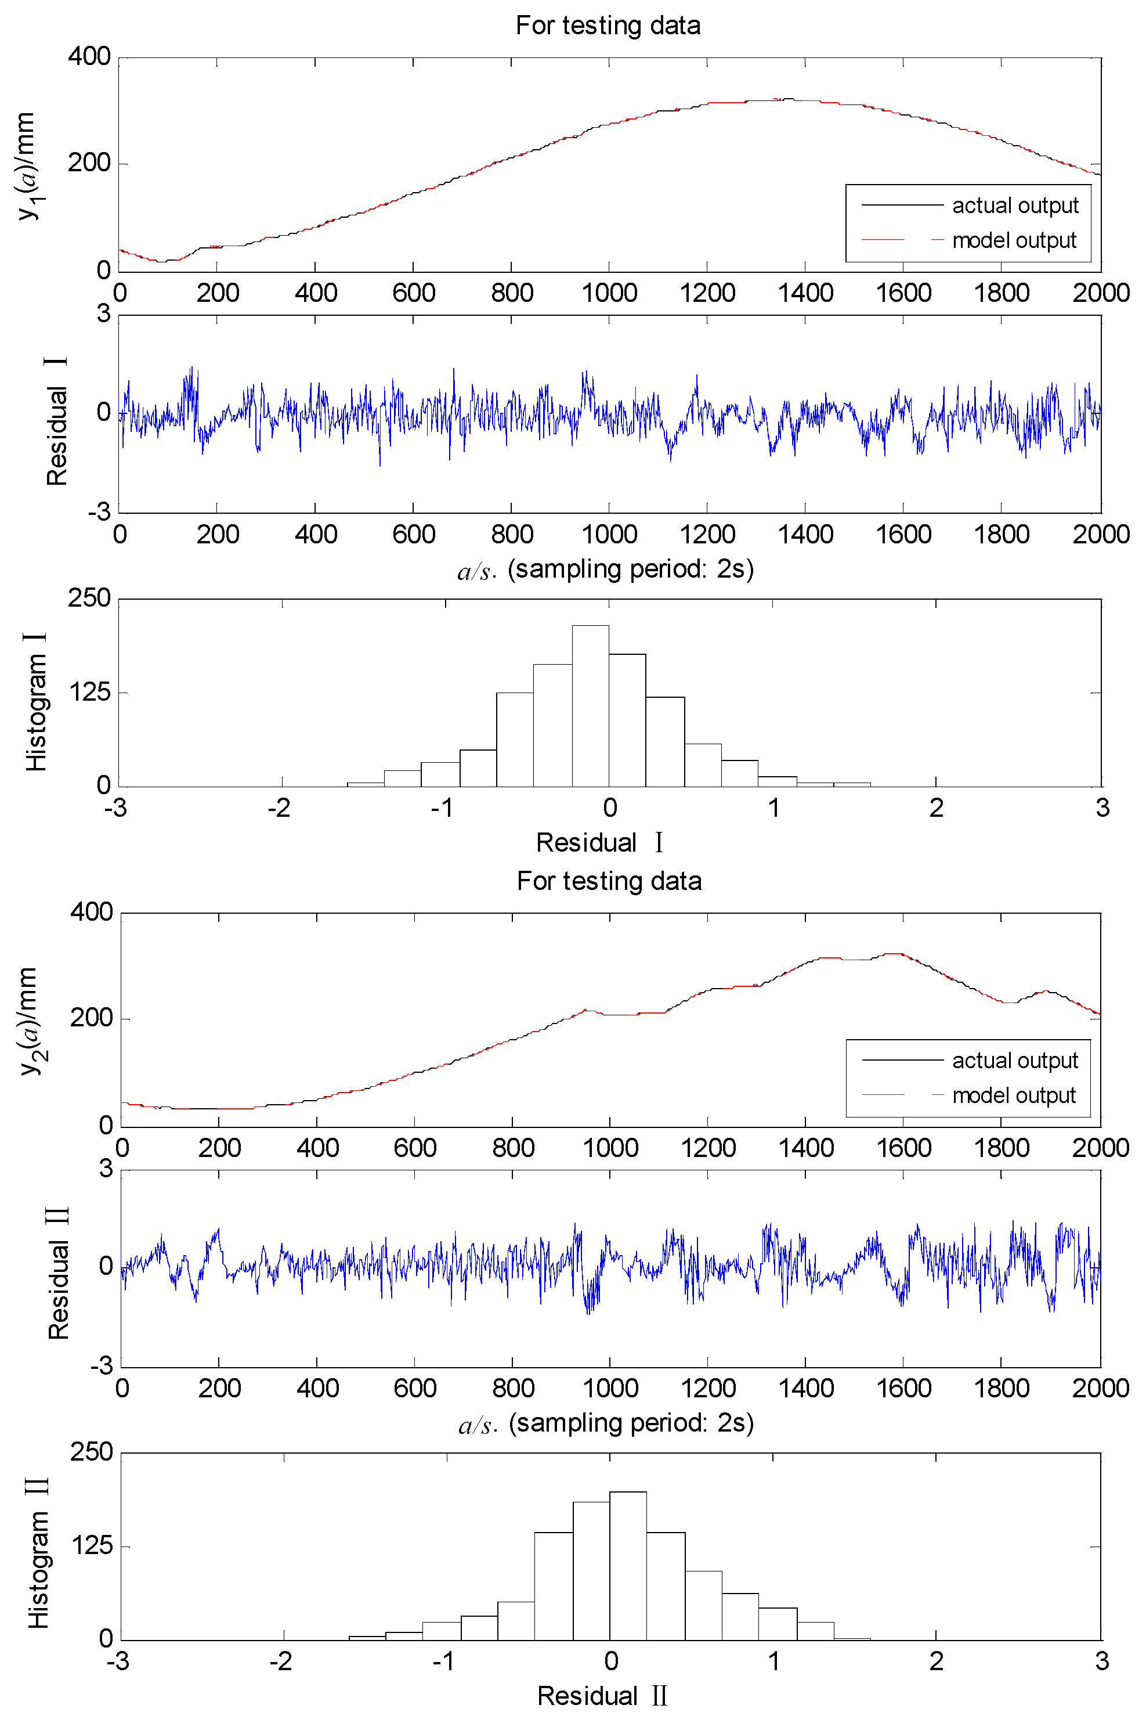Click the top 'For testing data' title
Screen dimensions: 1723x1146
tap(608, 26)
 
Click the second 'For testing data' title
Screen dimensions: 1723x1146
tap(609, 881)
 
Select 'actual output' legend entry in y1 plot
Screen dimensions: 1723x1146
tap(1014, 206)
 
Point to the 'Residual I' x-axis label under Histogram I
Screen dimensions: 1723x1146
tap(599, 843)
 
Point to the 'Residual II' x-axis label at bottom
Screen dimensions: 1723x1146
tap(602, 1696)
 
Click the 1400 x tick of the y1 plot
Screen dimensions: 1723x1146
tap(805, 293)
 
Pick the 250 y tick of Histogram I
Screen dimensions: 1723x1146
tap(89, 598)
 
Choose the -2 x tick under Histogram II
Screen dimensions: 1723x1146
tap(281, 1661)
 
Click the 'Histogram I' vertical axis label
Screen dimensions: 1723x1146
tap(37, 702)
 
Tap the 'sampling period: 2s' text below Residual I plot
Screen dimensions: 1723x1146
tap(630, 569)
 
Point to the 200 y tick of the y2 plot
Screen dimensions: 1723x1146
tap(91, 1018)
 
